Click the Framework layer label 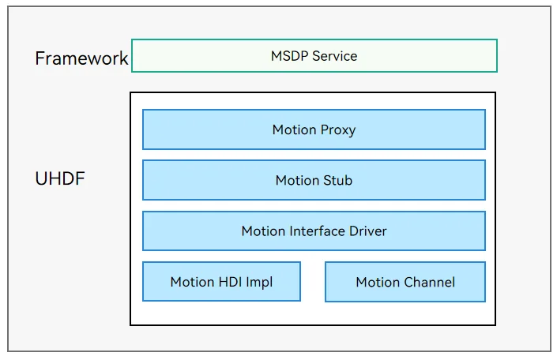(81, 58)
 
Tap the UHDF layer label (60, 178)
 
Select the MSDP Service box (314, 56)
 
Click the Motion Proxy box (314, 129)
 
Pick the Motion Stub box (314, 180)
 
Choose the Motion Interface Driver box (314, 231)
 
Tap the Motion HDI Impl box (222, 282)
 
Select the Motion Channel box (405, 282)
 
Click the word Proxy (338, 130)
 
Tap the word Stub (338, 180)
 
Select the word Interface (318, 231)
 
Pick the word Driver (367, 231)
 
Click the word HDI (230, 282)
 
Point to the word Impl (259, 283)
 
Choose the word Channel (430, 283)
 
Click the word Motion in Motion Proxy (295, 130)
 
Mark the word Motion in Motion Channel (378, 283)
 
